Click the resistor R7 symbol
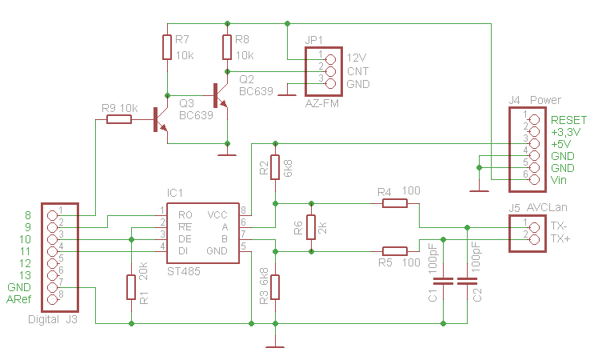[x=166, y=47]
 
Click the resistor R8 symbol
[x=228, y=47]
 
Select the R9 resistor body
[x=119, y=120]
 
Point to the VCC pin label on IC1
[x=217, y=215]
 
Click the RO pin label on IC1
[x=185, y=215]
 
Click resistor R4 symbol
[x=394, y=203]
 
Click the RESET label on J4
[x=568, y=119]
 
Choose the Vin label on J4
[x=559, y=181]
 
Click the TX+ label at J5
[x=561, y=238]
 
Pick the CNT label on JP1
[x=357, y=71]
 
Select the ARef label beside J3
[x=19, y=299]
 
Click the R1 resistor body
[x=131, y=286]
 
